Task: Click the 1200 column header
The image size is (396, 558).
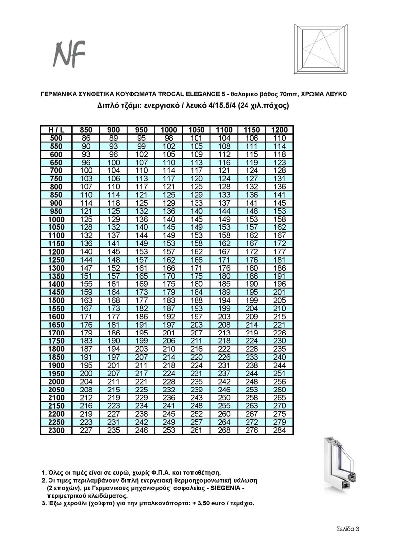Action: (x=280, y=130)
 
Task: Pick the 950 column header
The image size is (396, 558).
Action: (x=141, y=130)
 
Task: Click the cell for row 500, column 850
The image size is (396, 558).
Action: (x=86, y=138)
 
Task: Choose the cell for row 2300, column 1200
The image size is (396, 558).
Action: (x=280, y=430)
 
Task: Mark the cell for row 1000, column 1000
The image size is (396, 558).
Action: (x=169, y=219)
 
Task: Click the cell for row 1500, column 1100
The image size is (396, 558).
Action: (x=224, y=300)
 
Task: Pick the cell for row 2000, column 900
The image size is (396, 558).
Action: (x=113, y=382)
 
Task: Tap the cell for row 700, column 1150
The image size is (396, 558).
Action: (x=252, y=170)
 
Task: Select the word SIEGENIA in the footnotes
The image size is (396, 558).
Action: (x=228, y=488)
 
